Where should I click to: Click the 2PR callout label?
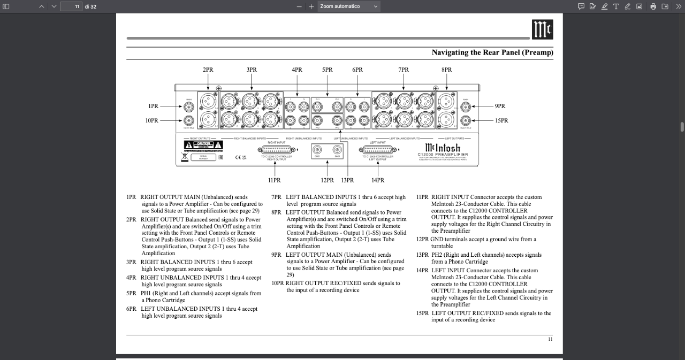click(x=208, y=70)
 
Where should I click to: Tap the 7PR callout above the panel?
click(x=404, y=70)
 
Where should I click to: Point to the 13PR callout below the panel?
click(x=347, y=180)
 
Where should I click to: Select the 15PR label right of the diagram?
click(x=501, y=121)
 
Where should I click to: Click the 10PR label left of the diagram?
click(x=152, y=121)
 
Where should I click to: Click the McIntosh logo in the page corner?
click(x=542, y=30)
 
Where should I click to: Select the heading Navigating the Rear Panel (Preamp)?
click(x=492, y=52)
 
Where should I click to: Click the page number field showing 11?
click(x=71, y=6)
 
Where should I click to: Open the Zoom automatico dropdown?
click(x=349, y=6)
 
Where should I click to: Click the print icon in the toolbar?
click(x=653, y=6)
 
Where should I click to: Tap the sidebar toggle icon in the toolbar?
click(x=6, y=6)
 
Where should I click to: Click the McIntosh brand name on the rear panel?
click(x=442, y=148)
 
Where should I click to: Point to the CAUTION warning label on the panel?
click(x=203, y=145)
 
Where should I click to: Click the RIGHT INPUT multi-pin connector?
click(x=276, y=150)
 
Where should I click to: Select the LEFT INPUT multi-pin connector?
click(x=377, y=150)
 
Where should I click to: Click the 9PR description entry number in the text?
click(x=276, y=255)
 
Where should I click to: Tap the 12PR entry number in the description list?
click(x=422, y=240)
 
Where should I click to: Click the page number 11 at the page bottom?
click(x=550, y=339)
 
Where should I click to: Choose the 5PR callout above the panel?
click(x=327, y=70)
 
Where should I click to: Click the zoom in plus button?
click(x=311, y=6)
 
